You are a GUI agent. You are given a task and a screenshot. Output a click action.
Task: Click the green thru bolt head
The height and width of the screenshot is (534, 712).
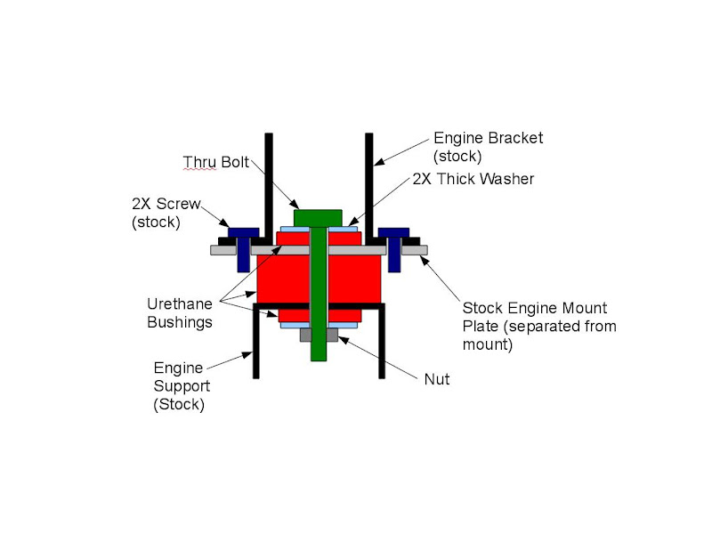point(319,217)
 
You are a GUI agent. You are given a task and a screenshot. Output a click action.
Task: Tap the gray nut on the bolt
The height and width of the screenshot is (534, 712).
point(319,336)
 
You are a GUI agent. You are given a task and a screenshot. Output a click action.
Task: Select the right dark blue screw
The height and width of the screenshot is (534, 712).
point(392,244)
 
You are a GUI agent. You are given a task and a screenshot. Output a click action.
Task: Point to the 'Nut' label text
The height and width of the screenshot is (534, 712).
point(437,379)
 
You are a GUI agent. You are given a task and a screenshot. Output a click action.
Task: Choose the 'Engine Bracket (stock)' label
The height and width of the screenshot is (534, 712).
point(488,147)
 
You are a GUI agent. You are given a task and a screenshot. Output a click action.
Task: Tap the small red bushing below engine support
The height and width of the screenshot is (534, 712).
point(294,315)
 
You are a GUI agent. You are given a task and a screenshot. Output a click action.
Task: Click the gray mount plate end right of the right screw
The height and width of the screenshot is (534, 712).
point(414,250)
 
